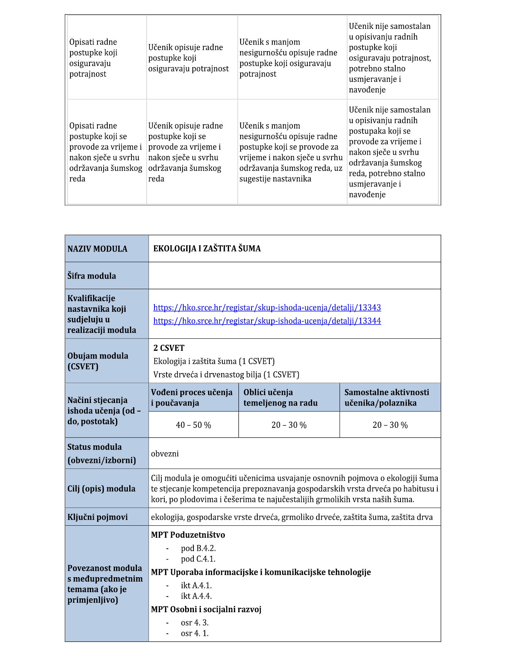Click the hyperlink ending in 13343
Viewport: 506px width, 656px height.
(x=267, y=307)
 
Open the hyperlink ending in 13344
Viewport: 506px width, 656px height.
(x=267, y=321)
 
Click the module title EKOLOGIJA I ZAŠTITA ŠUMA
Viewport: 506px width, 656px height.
(x=207, y=249)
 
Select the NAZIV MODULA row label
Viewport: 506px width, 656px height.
(x=97, y=249)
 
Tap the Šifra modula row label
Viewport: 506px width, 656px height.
(x=92, y=276)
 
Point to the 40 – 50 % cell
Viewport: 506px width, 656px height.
(x=193, y=425)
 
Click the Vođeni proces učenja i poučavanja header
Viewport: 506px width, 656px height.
(x=192, y=398)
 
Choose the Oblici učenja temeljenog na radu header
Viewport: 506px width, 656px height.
(x=280, y=398)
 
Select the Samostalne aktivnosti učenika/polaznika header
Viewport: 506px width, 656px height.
(x=387, y=398)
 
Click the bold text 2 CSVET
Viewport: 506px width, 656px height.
(x=169, y=348)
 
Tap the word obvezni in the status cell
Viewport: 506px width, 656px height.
(x=165, y=454)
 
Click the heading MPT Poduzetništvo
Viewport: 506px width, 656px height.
(x=188, y=535)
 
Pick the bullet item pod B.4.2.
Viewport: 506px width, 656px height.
(x=198, y=548)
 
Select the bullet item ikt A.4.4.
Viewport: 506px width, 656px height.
(x=196, y=596)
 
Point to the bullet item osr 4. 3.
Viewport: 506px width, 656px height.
(x=195, y=623)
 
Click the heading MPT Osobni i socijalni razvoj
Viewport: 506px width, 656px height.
(x=206, y=609)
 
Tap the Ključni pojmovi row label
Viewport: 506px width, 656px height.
(x=97, y=517)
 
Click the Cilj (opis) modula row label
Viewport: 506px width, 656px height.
(x=101, y=489)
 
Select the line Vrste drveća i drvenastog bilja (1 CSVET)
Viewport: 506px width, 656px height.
(x=226, y=375)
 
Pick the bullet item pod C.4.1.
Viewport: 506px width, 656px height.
(x=198, y=559)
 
